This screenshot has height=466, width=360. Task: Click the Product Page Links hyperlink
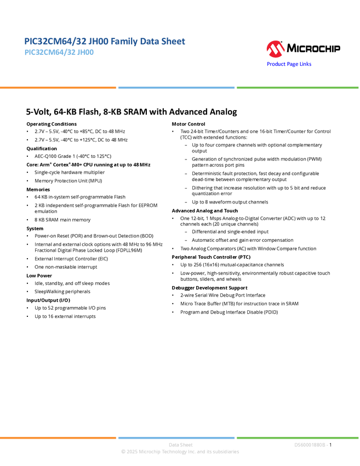(289, 64)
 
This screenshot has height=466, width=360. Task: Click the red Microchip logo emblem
(276, 49)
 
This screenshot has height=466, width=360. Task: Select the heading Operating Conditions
(52, 124)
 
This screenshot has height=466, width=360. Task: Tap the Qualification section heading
(42, 149)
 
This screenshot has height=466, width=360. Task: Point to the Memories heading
(38, 189)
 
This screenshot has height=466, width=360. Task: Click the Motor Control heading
(188, 124)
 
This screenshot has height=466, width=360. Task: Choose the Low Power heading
(39, 276)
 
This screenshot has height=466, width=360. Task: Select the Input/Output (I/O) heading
(48, 300)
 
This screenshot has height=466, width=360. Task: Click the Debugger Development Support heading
(209, 288)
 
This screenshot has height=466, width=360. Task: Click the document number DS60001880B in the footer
(310, 445)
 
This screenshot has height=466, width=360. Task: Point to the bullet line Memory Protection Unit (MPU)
(68, 181)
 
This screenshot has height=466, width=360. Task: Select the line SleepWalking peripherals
(62, 292)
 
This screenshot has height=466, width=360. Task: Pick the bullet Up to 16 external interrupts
(65, 316)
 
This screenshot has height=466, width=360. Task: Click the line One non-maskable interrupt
(66, 267)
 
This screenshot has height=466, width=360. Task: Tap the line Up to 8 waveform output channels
(230, 202)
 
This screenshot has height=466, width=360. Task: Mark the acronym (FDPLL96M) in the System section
(129, 250)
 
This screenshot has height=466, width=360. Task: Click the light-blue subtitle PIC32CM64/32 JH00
(59, 52)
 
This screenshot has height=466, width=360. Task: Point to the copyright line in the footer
(180, 452)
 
